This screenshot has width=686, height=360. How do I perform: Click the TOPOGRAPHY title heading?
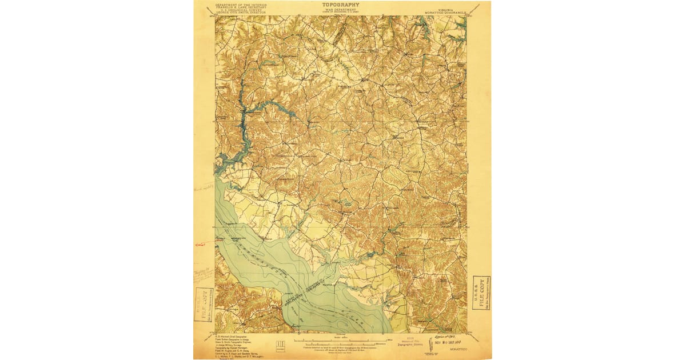tap(341, 4)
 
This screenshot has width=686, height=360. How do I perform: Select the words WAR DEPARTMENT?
tap(341, 9)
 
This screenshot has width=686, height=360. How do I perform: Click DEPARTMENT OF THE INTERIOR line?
tap(241, 3)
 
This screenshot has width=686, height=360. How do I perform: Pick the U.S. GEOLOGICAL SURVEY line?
tap(241, 10)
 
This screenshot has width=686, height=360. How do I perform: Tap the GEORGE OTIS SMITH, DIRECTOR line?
tap(241, 13)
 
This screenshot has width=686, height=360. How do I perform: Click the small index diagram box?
tap(280, 343)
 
